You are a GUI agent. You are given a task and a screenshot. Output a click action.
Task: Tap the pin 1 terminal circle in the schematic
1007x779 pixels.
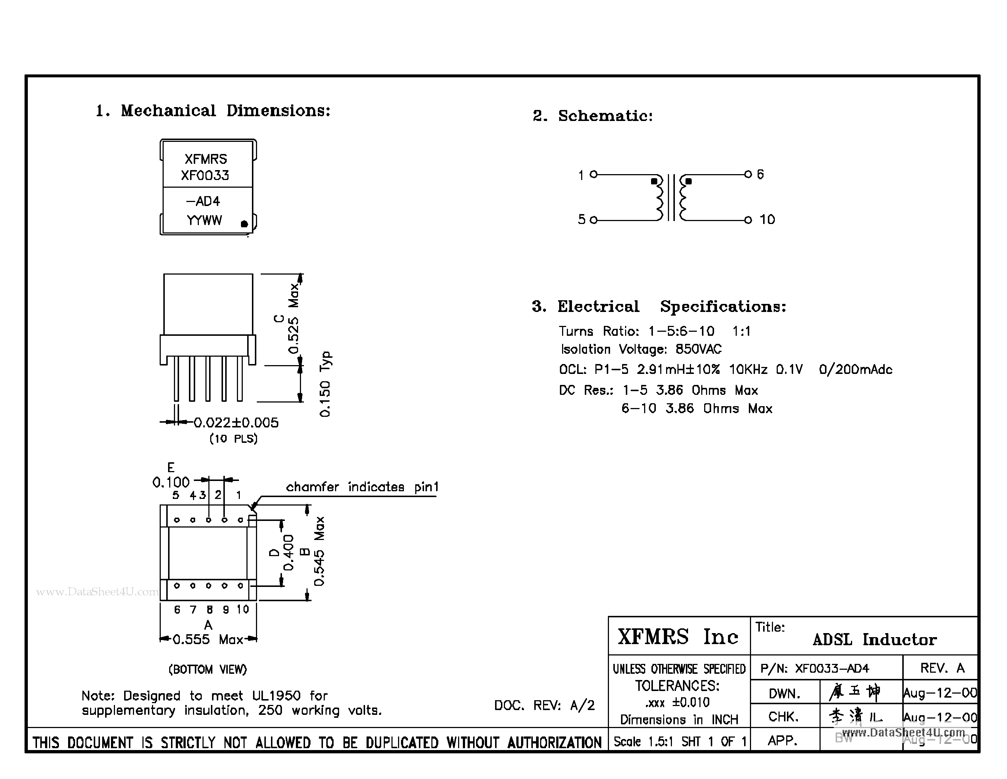594,174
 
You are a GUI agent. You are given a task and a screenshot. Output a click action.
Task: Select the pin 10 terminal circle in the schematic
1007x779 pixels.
748,220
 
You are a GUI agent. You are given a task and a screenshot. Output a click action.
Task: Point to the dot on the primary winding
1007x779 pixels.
654,181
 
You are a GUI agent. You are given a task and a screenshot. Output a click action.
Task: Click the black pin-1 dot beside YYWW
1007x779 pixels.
244,224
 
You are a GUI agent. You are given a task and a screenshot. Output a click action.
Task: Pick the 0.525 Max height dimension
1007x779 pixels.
293,319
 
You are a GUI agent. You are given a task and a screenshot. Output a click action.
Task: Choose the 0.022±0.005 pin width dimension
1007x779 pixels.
235,423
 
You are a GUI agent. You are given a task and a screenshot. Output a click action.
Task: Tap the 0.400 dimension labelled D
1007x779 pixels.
288,553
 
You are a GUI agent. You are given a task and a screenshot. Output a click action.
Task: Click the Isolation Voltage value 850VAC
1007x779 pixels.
698,349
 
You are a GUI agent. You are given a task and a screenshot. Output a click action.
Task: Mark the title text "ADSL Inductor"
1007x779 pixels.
874,640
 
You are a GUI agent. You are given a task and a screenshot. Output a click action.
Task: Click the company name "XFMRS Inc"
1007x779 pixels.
678,637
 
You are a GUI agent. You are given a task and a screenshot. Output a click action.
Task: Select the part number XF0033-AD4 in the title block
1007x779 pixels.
832,668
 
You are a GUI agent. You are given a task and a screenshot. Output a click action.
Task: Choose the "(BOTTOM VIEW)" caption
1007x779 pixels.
208,669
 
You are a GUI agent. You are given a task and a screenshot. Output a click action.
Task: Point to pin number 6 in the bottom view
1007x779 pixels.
177,610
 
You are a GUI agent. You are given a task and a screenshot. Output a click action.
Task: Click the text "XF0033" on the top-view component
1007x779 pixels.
205,175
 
